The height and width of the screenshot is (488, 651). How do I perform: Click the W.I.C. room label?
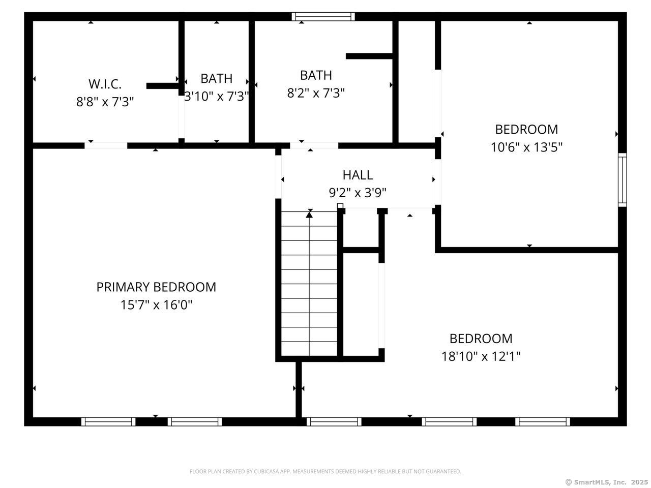(105, 84)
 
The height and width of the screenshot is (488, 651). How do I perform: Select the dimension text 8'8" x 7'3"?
(105, 102)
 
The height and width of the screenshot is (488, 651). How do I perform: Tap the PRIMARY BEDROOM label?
(156, 287)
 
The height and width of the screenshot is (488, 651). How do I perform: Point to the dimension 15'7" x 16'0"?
(156, 305)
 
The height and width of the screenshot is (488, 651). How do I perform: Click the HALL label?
(358, 175)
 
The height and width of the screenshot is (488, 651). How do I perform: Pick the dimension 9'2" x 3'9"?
(358, 193)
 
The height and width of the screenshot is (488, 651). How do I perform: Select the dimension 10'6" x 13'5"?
(526, 147)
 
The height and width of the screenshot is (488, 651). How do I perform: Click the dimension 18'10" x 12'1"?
(481, 356)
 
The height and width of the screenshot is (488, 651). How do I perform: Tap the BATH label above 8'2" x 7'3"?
(316, 75)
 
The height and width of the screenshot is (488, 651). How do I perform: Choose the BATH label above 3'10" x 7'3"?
(216, 78)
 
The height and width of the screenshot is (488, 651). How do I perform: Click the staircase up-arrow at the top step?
(309, 215)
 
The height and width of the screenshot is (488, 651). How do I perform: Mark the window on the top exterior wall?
(323, 17)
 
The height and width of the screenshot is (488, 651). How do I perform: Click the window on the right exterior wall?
(622, 179)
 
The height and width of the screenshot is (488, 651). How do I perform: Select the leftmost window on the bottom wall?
(108, 421)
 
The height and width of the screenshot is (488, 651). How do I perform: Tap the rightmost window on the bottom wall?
(542, 421)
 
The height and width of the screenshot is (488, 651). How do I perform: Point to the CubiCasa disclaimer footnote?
(325, 472)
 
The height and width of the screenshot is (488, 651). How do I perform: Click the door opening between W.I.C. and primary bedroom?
(106, 146)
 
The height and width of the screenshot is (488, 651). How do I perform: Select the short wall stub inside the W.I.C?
(162, 86)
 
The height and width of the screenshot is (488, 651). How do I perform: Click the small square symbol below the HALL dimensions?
(340, 206)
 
